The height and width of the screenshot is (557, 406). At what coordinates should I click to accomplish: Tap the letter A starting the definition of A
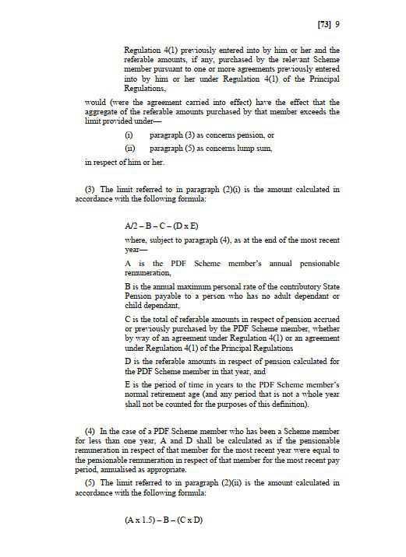128,263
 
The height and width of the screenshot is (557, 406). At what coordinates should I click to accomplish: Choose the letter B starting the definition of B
128,286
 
